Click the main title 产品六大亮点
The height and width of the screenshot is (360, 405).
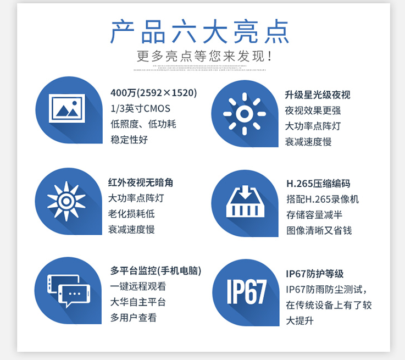click(x=199, y=31)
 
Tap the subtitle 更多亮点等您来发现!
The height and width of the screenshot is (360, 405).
click(x=204, y=56)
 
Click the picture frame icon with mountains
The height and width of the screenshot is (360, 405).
click(x=67, y=108)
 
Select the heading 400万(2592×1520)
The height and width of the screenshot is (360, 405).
click(x=154, y=93)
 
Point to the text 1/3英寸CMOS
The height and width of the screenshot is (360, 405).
click(x=140, y=108)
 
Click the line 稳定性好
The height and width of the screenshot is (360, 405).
click(x=129, y=140)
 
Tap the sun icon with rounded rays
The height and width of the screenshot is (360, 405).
click(x=245, y=114)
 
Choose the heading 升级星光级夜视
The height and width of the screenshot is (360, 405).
click(x=318, y=95)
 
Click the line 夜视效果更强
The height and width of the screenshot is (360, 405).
click(x=313, y=110)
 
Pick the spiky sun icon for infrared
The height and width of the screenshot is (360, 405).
click(x=66, y=201)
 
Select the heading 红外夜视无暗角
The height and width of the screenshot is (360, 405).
click(x=141, y=182)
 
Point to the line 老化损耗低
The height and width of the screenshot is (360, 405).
click(x=131, y=214)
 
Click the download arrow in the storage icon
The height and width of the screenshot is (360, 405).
click(x=246, y=191)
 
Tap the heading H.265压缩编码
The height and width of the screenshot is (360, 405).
click(x=318, y=184)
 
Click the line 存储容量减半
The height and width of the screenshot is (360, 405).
click(x=314, y=215)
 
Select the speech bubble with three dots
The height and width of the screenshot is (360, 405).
click(x=74, y=295)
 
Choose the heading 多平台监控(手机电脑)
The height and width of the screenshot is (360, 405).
click(x=156, y=270)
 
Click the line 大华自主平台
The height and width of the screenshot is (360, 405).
click(x=138, y=302)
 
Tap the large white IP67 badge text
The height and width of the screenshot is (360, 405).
click(x=246, y=292)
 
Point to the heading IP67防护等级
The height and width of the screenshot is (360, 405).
click(x=314, y=274)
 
